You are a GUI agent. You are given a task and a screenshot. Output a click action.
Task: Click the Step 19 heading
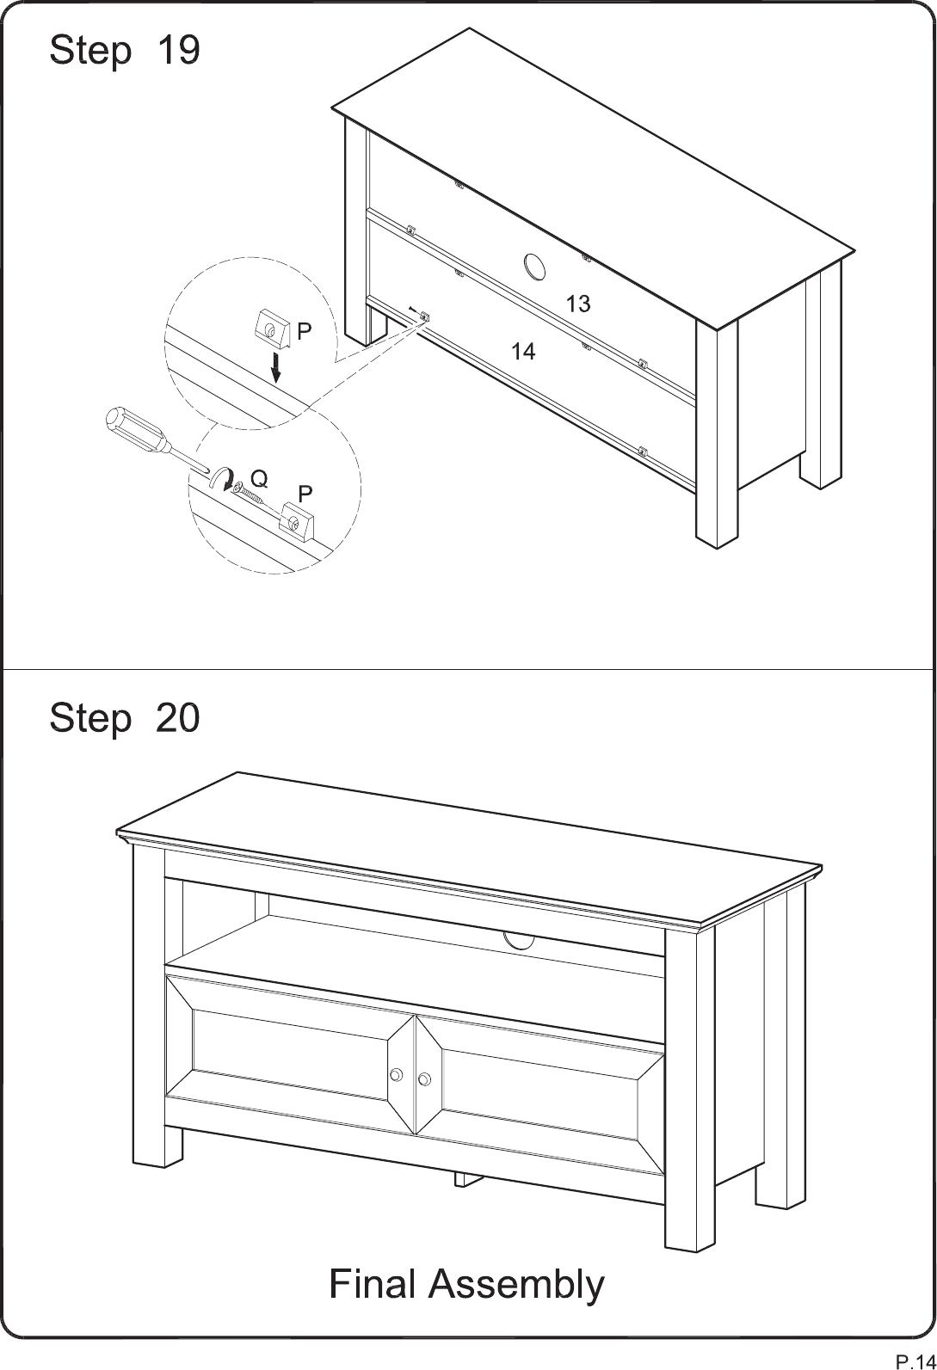coord(124,50)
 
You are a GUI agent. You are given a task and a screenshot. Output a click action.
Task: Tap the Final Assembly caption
coord(466,1284)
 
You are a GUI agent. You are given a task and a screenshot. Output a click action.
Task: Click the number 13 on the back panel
coord(577,304)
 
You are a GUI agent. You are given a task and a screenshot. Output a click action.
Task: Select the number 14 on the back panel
coord(523,351)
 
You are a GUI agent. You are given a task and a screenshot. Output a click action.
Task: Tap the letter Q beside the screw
coord(260,480)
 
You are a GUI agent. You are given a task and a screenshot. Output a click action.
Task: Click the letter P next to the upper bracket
coord(305,331)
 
